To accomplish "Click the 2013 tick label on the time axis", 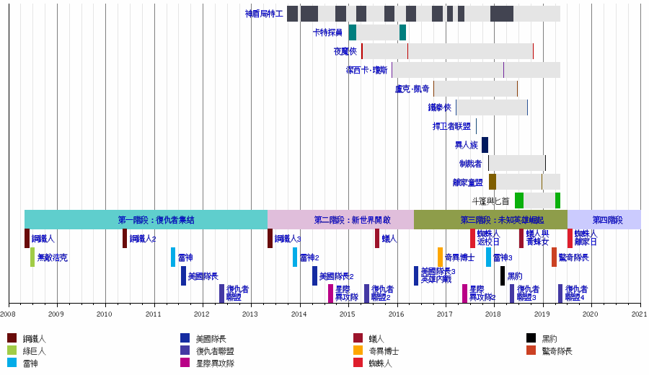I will coord(250,314).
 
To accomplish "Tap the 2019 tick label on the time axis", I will coord(542,314).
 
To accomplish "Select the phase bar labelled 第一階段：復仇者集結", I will coord(146,220).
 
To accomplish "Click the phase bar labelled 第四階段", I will coord(604,220).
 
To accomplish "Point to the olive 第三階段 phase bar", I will coord(490,220).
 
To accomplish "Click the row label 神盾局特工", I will coord(264,14).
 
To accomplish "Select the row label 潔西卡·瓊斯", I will coord(366,70).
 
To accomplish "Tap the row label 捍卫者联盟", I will coord(451,126).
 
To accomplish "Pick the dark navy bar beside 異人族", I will coord(485,145).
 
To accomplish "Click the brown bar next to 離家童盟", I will coord(492,182).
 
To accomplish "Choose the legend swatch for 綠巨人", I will coord(12,351).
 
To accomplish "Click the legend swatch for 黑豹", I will coord(531,338).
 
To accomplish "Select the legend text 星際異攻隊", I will coord(215,363).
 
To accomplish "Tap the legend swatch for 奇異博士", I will coord(358,351).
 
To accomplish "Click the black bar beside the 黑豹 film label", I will coord(503,276).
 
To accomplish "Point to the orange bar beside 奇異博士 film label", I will coord(440,257).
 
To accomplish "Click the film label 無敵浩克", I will coord(53,257).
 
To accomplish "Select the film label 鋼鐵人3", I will coord(288,239).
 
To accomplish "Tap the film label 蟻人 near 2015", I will coord(389,239).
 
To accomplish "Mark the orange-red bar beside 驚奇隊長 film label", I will coord(554,257).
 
